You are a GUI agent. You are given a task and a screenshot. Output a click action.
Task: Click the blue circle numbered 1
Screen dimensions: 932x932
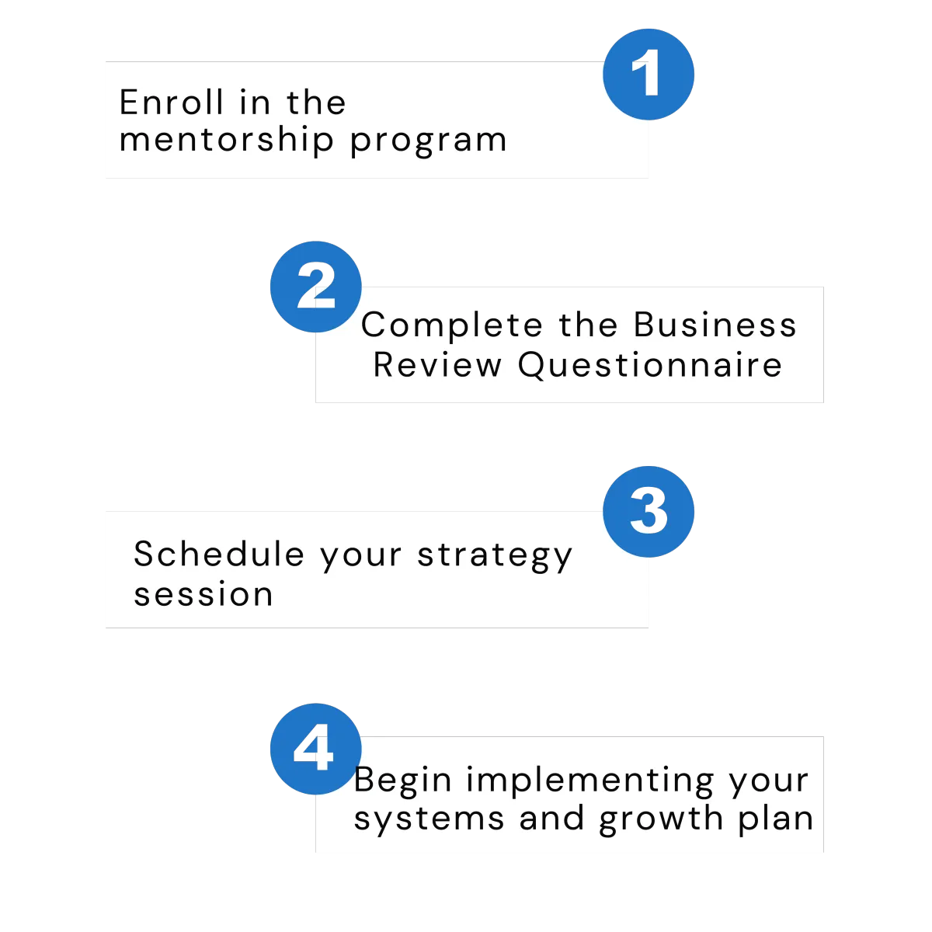648,75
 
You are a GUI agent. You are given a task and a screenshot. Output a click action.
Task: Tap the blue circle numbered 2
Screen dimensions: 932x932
316,287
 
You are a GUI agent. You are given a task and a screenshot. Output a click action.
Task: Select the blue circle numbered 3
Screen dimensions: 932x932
648,512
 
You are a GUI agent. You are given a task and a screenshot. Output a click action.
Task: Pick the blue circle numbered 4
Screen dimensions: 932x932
316,749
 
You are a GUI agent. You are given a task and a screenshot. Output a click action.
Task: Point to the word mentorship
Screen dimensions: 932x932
226,141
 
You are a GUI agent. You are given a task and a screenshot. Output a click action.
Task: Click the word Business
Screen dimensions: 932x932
715,324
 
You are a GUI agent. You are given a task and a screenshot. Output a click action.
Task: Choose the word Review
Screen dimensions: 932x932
438,365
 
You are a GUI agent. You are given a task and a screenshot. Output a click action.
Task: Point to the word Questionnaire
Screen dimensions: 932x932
650,366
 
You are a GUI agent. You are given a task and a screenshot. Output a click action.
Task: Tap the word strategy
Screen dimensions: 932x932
495,556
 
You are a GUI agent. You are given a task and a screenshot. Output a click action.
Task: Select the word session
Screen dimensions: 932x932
203,594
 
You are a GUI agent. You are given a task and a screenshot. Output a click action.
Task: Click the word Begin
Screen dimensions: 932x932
403,781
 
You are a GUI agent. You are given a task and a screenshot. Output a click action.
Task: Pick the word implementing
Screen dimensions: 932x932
589,781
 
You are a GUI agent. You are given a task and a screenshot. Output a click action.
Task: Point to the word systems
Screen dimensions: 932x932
429,820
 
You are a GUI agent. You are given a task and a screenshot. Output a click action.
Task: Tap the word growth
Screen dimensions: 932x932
661,819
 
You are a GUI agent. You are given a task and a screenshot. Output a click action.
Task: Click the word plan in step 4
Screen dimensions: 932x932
776,819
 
